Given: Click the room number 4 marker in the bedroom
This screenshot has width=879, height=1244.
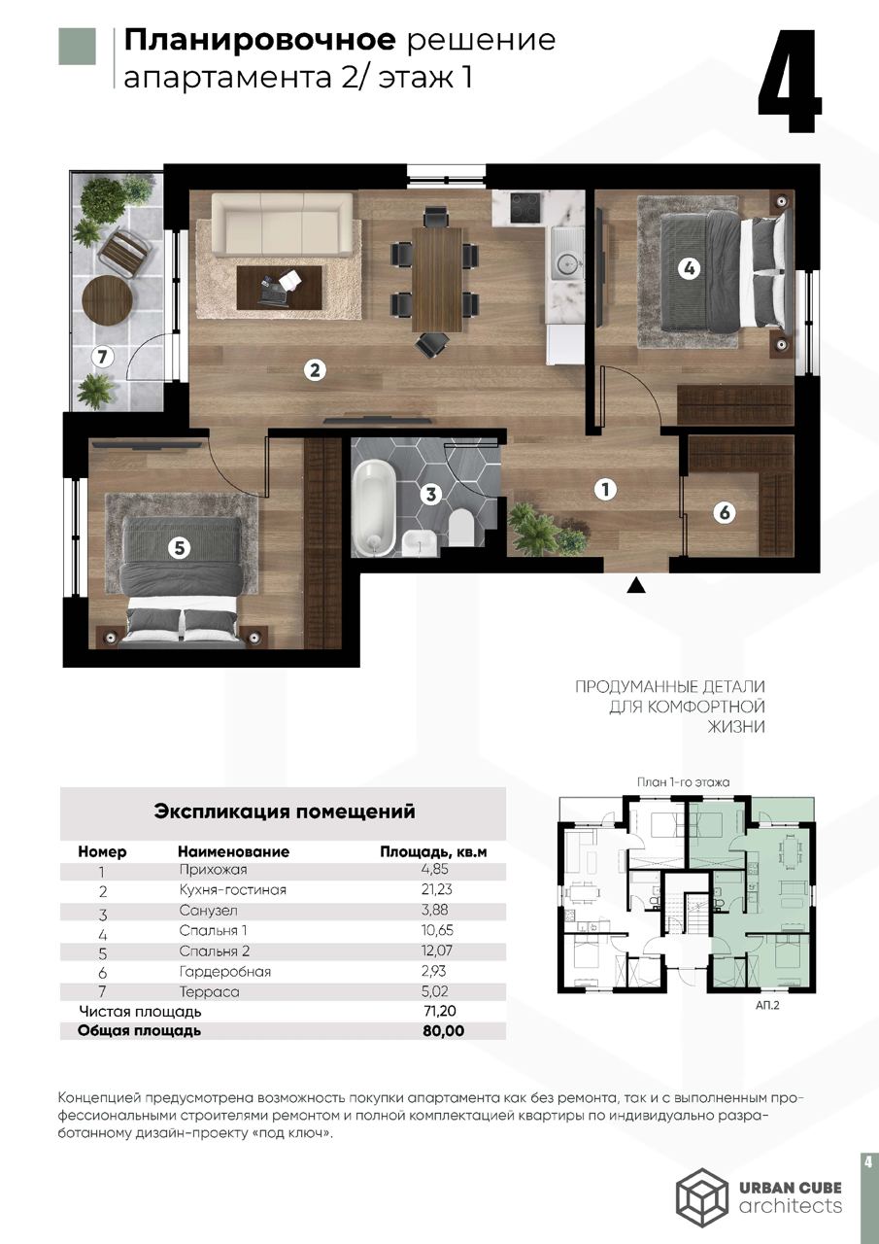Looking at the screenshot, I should [689, 269].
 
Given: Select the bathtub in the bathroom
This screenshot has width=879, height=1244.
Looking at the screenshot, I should [373, 507].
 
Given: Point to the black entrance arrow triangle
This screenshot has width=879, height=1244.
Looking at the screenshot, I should [636, 584].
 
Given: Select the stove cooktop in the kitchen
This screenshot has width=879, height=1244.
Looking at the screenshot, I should [525, 206].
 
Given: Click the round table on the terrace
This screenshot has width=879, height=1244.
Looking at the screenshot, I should [107, 300].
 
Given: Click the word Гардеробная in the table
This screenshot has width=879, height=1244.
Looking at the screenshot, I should [224, 971].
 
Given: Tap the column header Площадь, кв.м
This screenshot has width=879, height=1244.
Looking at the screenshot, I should [432, 851].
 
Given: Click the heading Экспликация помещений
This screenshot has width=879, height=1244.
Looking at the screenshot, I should [285, 812].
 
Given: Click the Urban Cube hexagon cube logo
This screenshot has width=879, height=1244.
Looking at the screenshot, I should [701, 1194].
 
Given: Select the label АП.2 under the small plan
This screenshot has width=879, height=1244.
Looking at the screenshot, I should [768, 1007].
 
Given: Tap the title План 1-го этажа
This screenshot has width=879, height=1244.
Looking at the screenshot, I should [683, 780].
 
